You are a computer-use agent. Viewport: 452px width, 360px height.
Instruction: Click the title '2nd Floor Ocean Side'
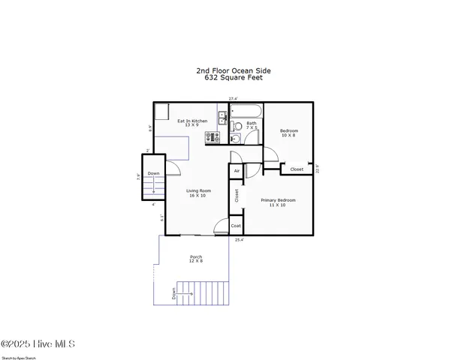[234, 69]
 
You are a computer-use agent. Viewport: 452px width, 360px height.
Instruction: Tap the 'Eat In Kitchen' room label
[192, 122]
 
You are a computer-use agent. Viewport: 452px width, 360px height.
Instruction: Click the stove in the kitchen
[212, 137]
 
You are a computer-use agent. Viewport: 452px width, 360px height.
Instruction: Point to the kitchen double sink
[223, 117]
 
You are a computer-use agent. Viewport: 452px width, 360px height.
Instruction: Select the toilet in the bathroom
[235, 138]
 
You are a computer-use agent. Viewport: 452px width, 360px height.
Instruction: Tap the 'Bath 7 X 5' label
[252, 125]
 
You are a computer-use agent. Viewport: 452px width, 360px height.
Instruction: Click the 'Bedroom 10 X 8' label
[289, 132]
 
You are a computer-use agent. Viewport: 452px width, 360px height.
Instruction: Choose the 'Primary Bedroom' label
[278, 202]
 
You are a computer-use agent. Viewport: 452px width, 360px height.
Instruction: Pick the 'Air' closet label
[237, 171]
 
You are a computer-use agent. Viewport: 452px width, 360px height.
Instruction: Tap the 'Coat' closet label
[236, 226]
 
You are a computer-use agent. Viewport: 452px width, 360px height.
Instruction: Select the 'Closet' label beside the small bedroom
[297, 169]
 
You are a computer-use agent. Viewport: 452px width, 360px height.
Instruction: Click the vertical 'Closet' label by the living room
[237, 196]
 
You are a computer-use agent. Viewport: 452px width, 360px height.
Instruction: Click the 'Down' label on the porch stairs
[173, 295]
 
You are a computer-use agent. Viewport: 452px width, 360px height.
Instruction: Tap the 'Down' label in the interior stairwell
[153, 174]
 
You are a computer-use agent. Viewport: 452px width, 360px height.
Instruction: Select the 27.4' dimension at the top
[234, 98]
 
